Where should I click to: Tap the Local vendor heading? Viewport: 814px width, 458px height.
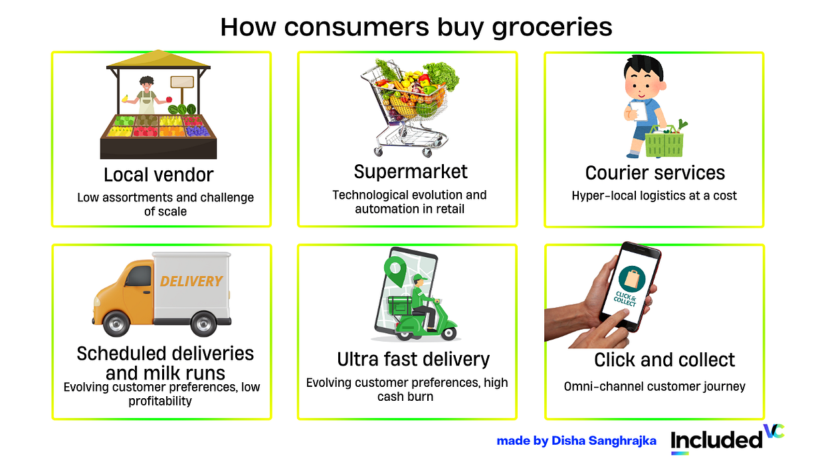pos(158,175)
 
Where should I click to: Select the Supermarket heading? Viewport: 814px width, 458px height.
pos(411,172)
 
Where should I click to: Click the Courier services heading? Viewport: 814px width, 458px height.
pos(655,173)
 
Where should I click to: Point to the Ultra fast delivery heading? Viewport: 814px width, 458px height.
pos(413,360)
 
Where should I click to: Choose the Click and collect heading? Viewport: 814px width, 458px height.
pos(664,360)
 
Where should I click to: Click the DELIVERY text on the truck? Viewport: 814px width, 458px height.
pos(191,281)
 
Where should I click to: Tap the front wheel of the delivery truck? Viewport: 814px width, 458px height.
pos(116,323)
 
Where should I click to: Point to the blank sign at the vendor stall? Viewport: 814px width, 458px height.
pos(182,82)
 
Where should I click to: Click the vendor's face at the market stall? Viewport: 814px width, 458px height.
pos(146,86)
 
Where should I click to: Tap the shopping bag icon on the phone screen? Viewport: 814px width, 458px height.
pos(632,279)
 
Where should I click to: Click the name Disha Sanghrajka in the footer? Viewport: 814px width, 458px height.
pos(604,441)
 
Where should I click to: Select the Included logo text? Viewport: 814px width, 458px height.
pos(716,439)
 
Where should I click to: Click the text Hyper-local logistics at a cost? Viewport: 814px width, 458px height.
pos(654,196)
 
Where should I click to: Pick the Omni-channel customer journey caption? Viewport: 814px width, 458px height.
pos(655,386)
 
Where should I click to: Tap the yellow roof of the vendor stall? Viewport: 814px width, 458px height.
pos(158,59)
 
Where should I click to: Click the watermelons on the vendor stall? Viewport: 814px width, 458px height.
pos(182,109)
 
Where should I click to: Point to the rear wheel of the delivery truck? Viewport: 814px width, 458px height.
pos(203,324)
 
